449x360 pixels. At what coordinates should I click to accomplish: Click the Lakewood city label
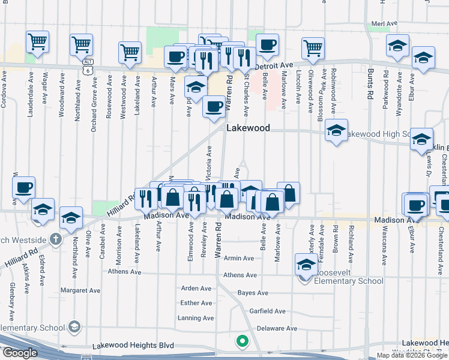click(248, 128)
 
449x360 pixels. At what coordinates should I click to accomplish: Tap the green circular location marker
click(242, 342)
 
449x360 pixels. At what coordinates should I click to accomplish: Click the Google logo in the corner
click(19, 353)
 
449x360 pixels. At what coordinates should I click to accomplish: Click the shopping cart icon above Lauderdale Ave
click(38, 43)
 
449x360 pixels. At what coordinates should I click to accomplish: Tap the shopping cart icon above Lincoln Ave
click(313, 49)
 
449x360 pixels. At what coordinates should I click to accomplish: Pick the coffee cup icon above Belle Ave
click(268, 44)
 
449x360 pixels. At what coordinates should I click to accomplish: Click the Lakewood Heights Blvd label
click(133, 346)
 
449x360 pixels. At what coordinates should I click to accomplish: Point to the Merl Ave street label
click(385, 23)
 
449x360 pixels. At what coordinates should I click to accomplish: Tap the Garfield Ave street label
click(268, 311)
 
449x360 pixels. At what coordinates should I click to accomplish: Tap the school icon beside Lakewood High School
click(336, 131)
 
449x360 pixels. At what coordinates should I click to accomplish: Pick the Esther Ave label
click(196, 303)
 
